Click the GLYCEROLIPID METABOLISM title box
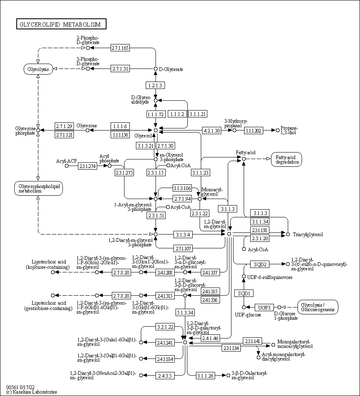[x=61, y=24]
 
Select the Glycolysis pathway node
[x=38, y=69]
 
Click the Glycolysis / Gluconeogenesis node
[x=318, y=307]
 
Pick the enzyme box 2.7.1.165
[x=120, y=48]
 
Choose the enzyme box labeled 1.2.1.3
[x=155, y=85]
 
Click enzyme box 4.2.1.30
[x=211, y=131]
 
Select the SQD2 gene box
[x=260, y=264]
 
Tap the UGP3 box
[x=264, y=307]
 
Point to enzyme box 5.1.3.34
[x=185, y=313]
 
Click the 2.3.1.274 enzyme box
[x=87, y=166]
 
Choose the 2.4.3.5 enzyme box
[x=165, y=375]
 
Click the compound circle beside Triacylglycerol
[x=288, y=234]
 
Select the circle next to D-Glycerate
[x=156, y=69]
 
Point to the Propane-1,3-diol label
[x=289, y=131]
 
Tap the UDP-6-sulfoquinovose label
[x=269, y=277]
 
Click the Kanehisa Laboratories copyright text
[x=31, y=392]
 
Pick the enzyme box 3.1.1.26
[x=205, y=375]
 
